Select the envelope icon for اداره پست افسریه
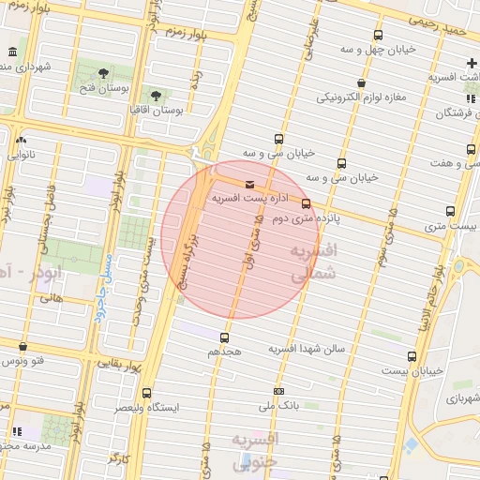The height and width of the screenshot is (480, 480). tap(248, 185)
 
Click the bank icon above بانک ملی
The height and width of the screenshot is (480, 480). tap(278, 391)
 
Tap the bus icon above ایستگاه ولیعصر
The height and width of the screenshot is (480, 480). tap(145, 394)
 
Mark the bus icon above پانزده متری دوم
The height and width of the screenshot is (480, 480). tap(307, 203)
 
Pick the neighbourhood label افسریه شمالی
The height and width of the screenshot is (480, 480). tap(312, 263)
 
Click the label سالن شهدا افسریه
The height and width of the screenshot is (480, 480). tap(308, 349)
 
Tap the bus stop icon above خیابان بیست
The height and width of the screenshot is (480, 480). tap(412, 357)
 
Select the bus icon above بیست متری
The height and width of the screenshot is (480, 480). tap(451, 212)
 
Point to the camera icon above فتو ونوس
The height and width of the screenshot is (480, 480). tap(22, 347)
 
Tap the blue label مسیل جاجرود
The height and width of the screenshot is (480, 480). tap(102, 287)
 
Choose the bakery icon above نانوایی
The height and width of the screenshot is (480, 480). tap(21, 140)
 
